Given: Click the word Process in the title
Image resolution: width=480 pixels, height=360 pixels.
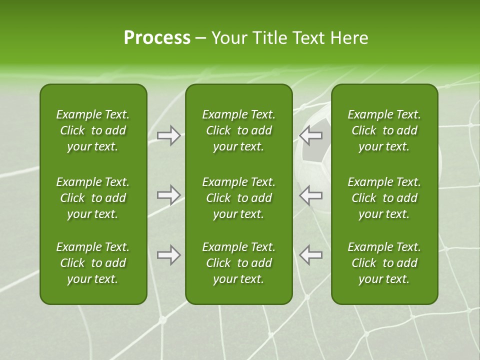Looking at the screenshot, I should [x=157, y=38].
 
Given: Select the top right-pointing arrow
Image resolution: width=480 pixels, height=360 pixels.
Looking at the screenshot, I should [x=169, y=135].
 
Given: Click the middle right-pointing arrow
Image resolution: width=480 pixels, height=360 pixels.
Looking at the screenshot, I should [x=169, y=195].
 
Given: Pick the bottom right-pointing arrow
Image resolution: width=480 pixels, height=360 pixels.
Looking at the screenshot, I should [x=169, y=255].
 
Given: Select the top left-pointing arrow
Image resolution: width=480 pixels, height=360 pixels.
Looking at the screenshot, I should [x=311, y=135].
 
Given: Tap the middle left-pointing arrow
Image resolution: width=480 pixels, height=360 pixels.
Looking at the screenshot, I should [x=311, y=195].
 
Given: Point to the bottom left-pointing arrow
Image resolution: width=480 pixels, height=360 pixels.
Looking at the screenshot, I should [x=311, y=255].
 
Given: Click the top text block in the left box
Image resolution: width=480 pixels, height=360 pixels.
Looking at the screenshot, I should [x=93, y=130].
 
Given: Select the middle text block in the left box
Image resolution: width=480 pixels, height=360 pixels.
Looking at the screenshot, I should [x=93, y=198].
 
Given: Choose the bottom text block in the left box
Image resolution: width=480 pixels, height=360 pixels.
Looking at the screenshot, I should [x=93, y=263].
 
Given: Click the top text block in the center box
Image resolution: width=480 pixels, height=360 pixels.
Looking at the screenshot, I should [x=238, y=130].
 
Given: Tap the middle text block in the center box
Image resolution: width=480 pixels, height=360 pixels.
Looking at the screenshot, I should [x=238, y=198].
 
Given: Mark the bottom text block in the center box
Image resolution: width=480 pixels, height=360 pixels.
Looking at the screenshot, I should [x=238, y=263].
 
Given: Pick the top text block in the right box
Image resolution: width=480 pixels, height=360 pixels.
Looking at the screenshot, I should [x=384, y=130].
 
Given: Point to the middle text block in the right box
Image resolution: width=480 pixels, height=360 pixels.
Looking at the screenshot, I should [x=384, y=198].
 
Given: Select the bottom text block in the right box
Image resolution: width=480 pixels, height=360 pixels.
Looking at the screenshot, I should [x=384, y=263].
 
